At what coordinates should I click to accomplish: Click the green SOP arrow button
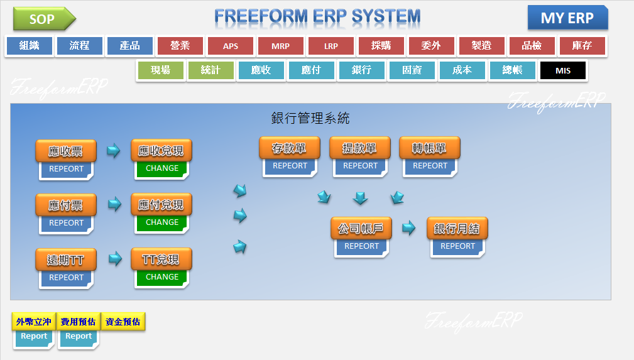click(43, 19)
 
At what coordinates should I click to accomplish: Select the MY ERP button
click(567, 18)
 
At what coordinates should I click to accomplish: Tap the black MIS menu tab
click(563, 70)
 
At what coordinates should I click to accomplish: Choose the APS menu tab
click(231, 46)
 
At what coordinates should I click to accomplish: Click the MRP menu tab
click(281, 46)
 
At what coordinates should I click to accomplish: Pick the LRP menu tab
click(331, 46)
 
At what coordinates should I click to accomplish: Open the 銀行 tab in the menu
click(362, 70)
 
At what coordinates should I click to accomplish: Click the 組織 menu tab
click(30, 46)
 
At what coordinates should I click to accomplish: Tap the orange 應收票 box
click(66, 151)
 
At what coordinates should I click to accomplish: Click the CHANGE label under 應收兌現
click(162, 168)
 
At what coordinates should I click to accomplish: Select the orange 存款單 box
click(290, 149)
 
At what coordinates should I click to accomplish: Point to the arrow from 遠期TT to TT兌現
click(114, 258)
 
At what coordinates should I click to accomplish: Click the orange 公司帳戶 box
click(361, 229)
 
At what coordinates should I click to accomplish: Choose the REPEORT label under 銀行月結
click(457, 246)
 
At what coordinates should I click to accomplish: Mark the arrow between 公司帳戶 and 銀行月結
click(409, 228)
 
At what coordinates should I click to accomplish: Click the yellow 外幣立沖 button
click(34, 322)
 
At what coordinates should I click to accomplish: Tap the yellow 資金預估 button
click(123, 322)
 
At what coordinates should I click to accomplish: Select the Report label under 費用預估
click(79, 336)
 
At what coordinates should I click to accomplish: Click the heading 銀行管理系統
click(310, 118)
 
